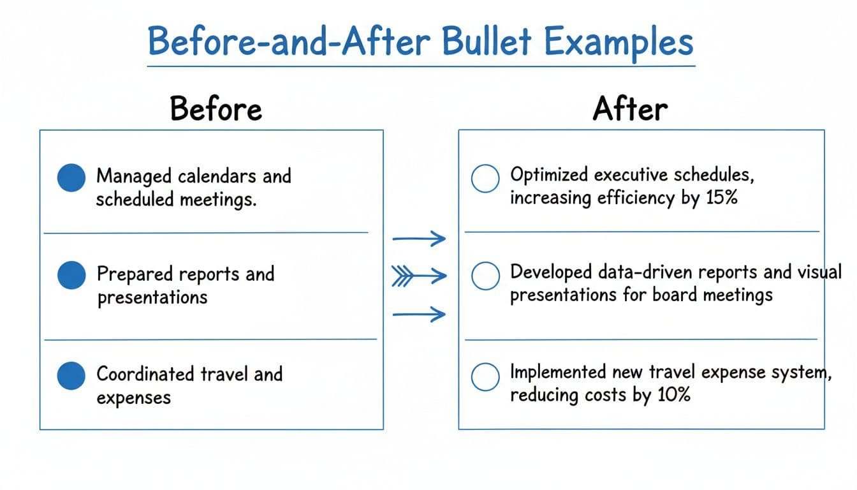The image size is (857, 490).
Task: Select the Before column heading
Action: click(216, 109)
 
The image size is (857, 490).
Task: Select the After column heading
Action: click(630, 109)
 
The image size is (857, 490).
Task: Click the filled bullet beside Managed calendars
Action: click(71, 177)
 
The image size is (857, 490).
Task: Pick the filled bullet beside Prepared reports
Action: click(71, 276)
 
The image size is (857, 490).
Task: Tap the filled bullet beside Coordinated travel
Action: click(71, 376)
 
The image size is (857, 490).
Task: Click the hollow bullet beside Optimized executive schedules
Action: click(485, 179)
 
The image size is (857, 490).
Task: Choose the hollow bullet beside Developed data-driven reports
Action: click(485, 276)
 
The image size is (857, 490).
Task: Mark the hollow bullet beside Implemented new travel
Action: click(485, 376)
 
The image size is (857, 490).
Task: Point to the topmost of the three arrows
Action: click(418, 239)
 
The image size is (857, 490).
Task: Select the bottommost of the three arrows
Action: click(418, 315)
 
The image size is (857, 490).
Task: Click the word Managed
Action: click(135, 175)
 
